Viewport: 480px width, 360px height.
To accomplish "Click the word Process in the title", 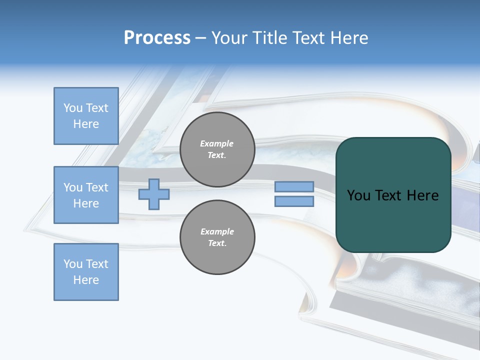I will pyautogui.click(x=157, y=38).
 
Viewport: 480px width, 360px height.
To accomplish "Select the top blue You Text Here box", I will pyautogui.click(x=86, y=116).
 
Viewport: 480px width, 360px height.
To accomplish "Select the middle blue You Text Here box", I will pyautogui.click(x=86, y=195).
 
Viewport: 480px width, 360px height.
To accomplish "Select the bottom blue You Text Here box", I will pyautogui.click(x=86, y=272).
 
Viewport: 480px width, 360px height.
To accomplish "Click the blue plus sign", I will pyautogui.click(x=154, y=194).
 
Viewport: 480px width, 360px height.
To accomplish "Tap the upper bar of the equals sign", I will pyautogui.click(x=294, y=186).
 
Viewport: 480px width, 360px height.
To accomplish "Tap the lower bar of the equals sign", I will pyautogui.click(x=294, y=201).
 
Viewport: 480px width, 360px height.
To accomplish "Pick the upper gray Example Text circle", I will pyautogui.click(x=217, y=149).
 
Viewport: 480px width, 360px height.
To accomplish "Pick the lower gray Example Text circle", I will pyautogui.click(x=217, y=237).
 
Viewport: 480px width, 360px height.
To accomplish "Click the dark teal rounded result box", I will pyautogui.click(x=393, y=195).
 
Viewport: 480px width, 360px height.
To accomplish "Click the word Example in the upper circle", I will pyautogui.click(x=216, y=143).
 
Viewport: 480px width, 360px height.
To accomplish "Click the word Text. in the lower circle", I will pyautogui.click(x=217, y=243).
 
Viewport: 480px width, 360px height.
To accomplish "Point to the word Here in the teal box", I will pyautogui.click(x=422, y=195).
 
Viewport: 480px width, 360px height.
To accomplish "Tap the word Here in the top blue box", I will pyautogui.click(x=86, y=124).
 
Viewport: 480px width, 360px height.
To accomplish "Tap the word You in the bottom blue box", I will pyautogui.click(x=73, y=264).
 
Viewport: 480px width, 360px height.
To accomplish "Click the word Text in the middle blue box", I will pyautogui.click(x=97, y=187).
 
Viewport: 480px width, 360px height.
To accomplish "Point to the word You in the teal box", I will pyautogui.click(x=358, y=195).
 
